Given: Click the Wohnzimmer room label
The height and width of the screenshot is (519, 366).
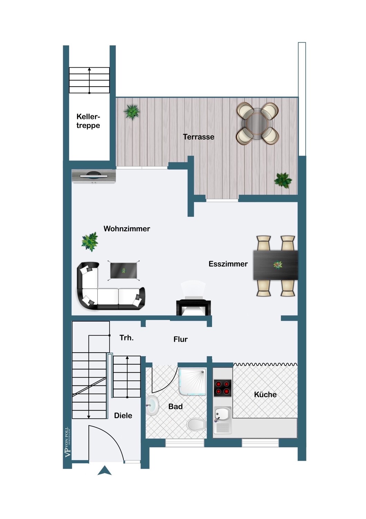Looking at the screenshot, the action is pyautogui.click(x=127, y=229).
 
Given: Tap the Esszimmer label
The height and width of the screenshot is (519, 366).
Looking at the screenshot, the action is pyautogui.click(x=228, y=264).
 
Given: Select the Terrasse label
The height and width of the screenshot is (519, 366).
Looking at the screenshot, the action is pyautogui.click(x=199, y=137).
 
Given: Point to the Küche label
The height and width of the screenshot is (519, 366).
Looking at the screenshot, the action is pyautogui.click(x=265, y=394).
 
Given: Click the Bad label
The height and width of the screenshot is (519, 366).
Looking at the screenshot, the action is pyautogui.click(x=175, y=407).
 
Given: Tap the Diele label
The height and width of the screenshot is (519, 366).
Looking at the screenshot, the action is pyautogui.click(x=123, y=416).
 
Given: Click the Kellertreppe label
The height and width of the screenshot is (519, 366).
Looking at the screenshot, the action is pyautogui.click(x=88, y=121).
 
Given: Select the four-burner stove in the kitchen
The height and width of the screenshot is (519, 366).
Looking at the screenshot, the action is pyautogui.click(x=223, y=388).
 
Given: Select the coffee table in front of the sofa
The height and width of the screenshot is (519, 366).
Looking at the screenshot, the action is pyautogui.click(x=124, y=271).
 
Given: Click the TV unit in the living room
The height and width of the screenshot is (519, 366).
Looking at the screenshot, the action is pyautogui.click(x=94, y=176).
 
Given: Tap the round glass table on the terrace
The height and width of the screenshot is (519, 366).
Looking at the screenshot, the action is pyautogui.click(x=257, y=123).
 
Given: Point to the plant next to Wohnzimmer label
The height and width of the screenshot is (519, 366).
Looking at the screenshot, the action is pyautogui.click(x=90, y=242).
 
